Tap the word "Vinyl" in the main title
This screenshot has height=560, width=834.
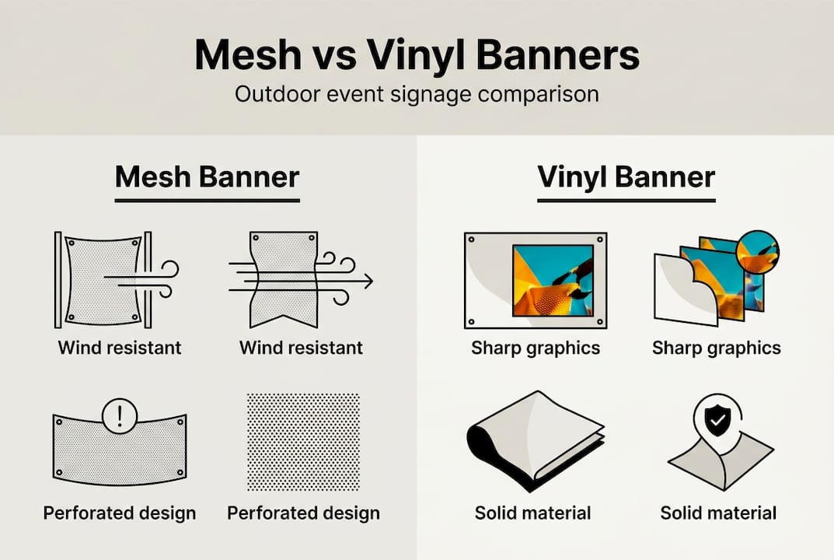pyautogui.click(x=410, y=56)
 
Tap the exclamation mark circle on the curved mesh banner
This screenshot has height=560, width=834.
pyautogui.click(x=119, y=417)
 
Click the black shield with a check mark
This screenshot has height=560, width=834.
pyautogui.click(x=716, y=423)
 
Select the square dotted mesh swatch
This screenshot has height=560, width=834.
pyautogui.click(x=303, y=441)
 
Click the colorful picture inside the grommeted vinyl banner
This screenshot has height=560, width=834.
pyautogui.click(x=552, y=280)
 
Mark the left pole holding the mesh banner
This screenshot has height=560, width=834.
pyautogui.click(x=58, y=279)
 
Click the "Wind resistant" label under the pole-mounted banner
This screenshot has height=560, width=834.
pyautogui.click(x=120, y=347)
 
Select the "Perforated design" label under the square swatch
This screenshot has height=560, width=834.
pyautogui.click(x=303, y=513)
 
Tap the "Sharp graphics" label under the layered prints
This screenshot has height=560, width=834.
pyautogui.click(x=716, y=348)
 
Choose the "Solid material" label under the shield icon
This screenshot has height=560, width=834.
pyautogui.click(x=718, y=513)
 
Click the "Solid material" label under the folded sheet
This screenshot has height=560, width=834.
pyautogui.click(x=532, y=513)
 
